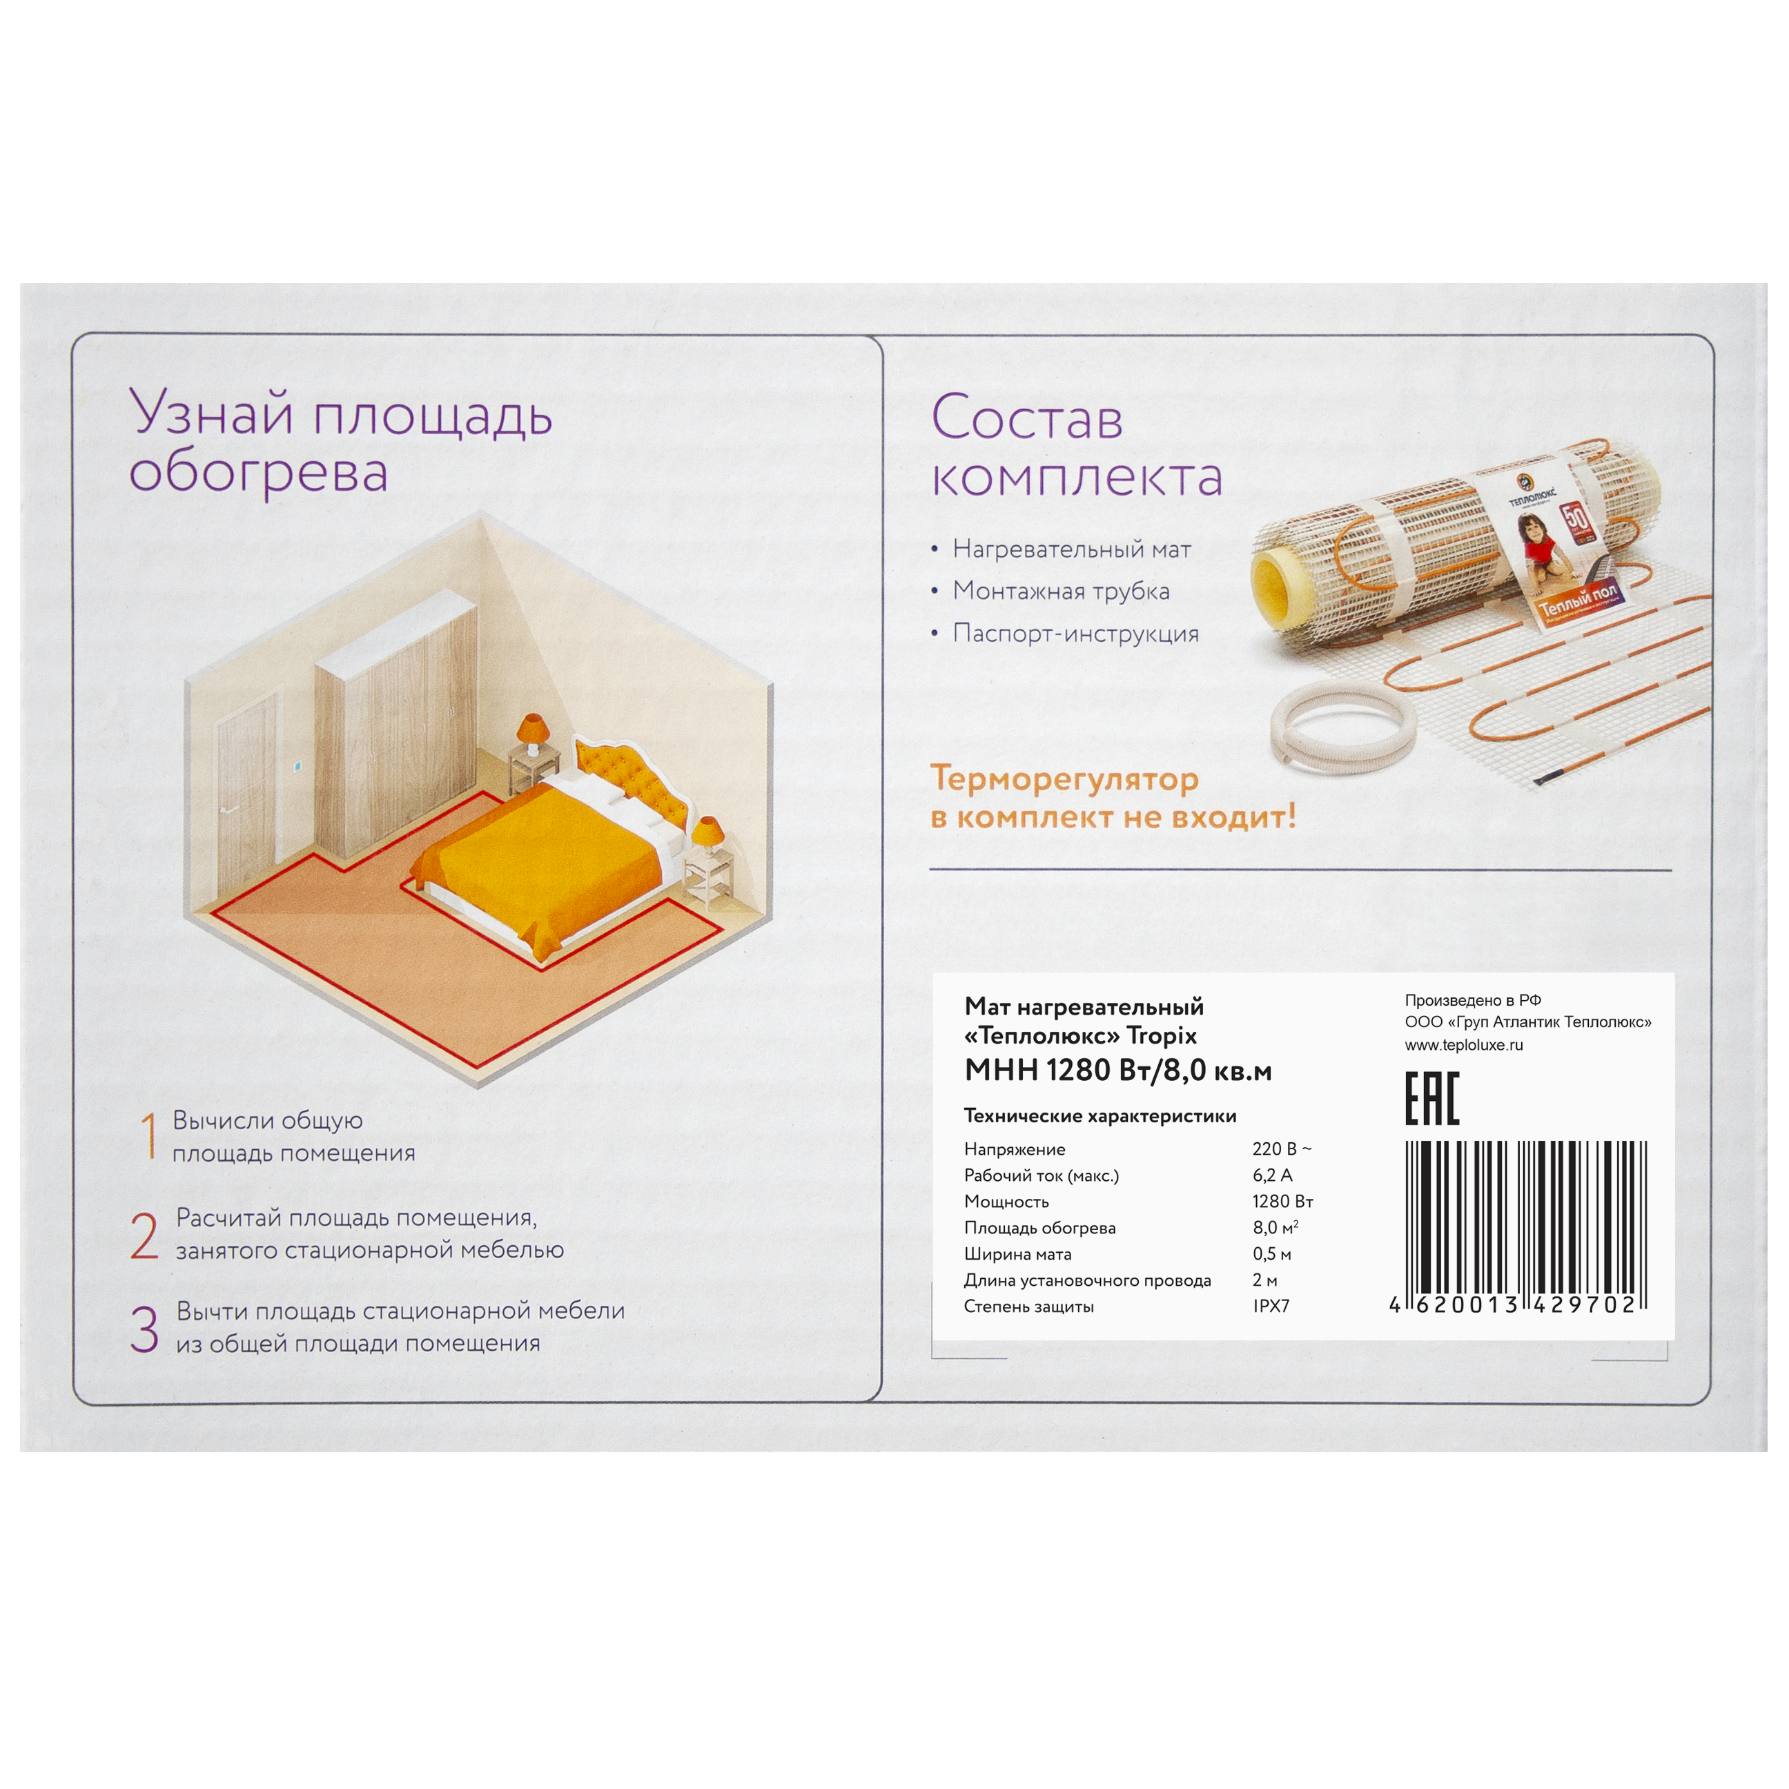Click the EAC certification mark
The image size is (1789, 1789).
[x=1431, y=1099]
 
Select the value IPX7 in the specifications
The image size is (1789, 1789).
[x=1271, y=1307]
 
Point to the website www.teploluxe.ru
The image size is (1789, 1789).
[x=1464, y=1046]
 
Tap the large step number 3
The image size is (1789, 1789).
[x=144, y=1330]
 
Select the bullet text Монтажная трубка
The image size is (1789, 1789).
[x=1061, y=591]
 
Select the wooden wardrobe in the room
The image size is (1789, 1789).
[x=395, y=727]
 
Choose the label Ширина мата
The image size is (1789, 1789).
[x=1017, y=1255]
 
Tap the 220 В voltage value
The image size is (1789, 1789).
[x=1282, y=1149]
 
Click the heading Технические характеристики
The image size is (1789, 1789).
[x=1100, y=1116]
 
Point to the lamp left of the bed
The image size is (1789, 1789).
[x=532, y=732]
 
